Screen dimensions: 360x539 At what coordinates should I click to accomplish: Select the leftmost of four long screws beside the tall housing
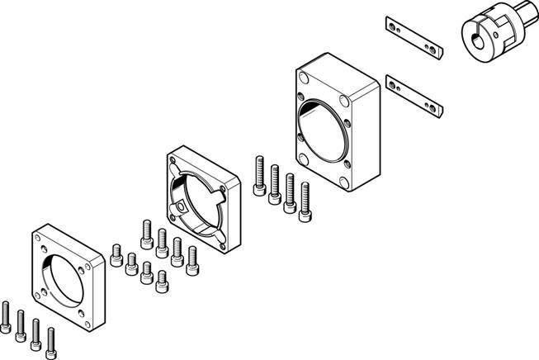click(260, 174)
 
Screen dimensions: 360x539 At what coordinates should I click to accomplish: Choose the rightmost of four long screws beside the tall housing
click(306, 201)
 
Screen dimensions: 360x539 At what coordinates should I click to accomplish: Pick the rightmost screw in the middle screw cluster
click(192, 260)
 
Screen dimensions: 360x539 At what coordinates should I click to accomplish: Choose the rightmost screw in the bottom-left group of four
click(52, 339)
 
